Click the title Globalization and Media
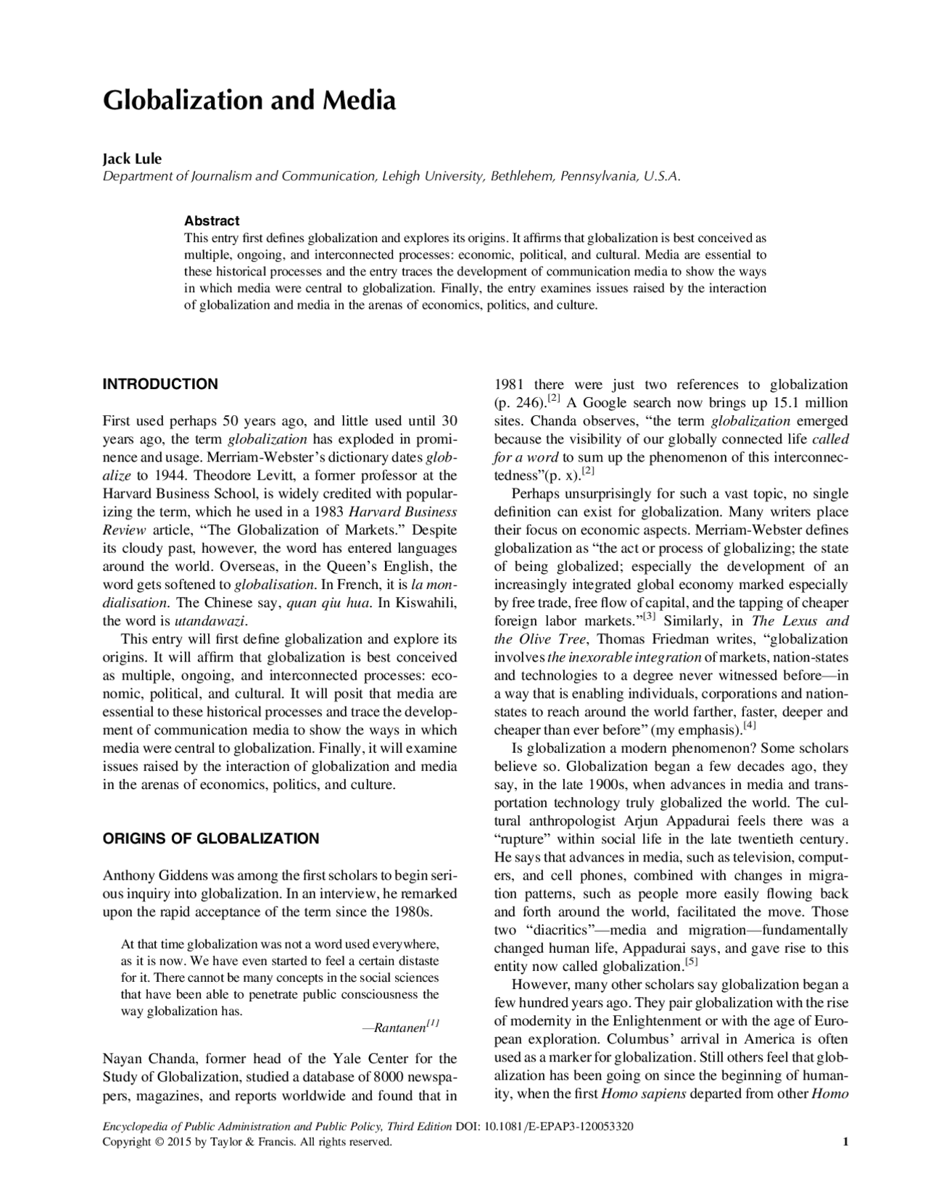(x=249, y=101)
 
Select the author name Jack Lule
(x=132, y=159)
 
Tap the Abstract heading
(x=211, y=220)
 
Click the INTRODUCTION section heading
(x=160, y=384)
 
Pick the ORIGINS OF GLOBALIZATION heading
(x=210, y=838)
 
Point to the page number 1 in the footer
(x=845, y=1142)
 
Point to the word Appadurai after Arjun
(x=697, y=821)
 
